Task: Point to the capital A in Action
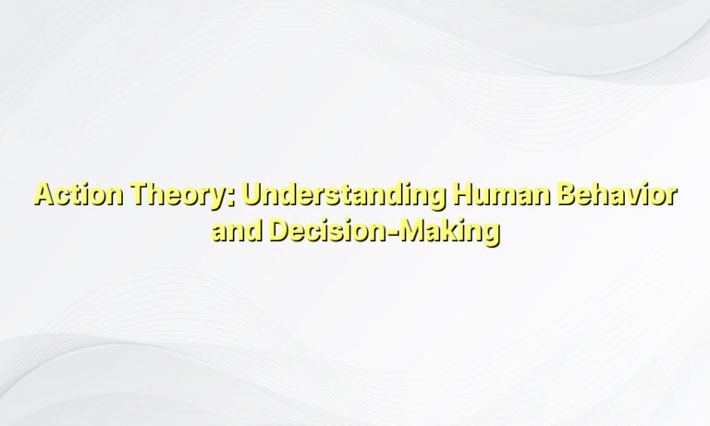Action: pyautogui.click(x=43, y=197)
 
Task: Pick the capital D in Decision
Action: pyautogui.click(x=279, y=230)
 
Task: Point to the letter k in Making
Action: pyautogui.click(x=447, y=230)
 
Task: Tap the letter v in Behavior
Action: pyautogui.click(x=632, y=199)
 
